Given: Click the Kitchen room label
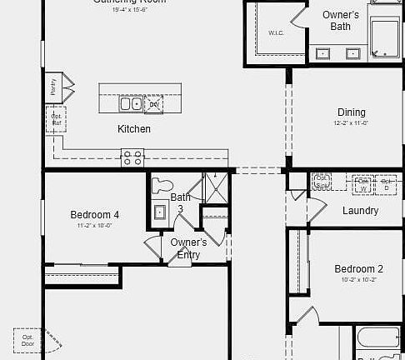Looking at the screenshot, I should pos(133,129).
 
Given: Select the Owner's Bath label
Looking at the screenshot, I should pos(340,21).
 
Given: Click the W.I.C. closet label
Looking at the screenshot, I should pos(276,33).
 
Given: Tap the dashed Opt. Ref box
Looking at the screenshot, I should pos(56,119).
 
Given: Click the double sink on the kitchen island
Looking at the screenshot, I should pos(131,104).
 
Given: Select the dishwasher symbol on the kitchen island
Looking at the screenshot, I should pos(154,103).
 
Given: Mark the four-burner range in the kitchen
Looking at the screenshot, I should pos(132,157).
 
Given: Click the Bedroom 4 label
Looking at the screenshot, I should pos(94,215).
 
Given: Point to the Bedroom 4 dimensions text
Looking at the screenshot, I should pos(94,226).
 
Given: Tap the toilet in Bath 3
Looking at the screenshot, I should pos(162,187).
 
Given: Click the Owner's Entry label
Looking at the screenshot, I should pos(188,248).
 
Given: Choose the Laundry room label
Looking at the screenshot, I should pos(360,211).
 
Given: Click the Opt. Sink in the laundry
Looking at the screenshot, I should pos(322,182).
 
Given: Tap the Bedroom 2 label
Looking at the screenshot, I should pos(358,269).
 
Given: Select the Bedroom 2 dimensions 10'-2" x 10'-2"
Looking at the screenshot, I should pos(358,280).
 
